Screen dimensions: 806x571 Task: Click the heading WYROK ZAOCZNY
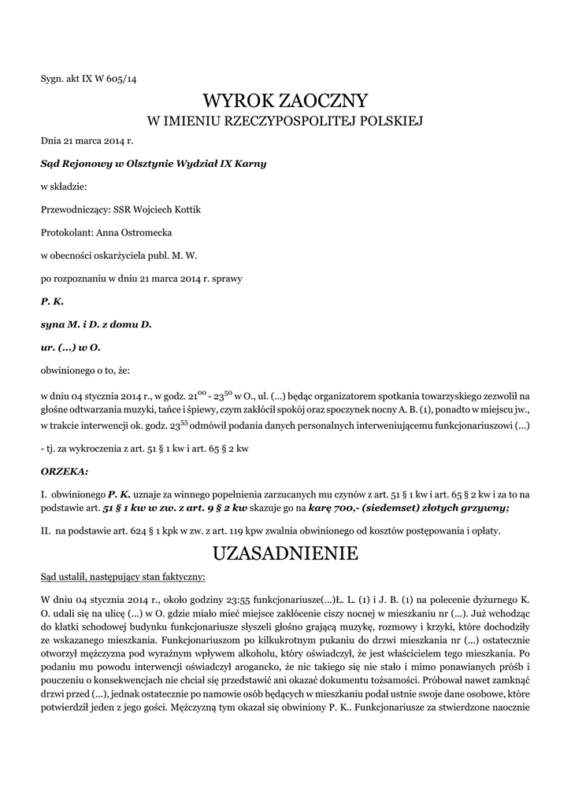click(285, 101)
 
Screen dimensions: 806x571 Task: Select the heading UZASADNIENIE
click(285, 554)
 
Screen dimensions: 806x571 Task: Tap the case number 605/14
click(122, 79)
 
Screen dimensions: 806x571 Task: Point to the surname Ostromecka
click(147, 233)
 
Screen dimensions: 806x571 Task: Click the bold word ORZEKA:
click(65, 471)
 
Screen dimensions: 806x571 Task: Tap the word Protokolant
click(66, 233)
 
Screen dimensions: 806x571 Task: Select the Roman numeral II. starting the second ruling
click(46, 531)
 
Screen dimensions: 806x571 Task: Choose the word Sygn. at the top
click(54, 79)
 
